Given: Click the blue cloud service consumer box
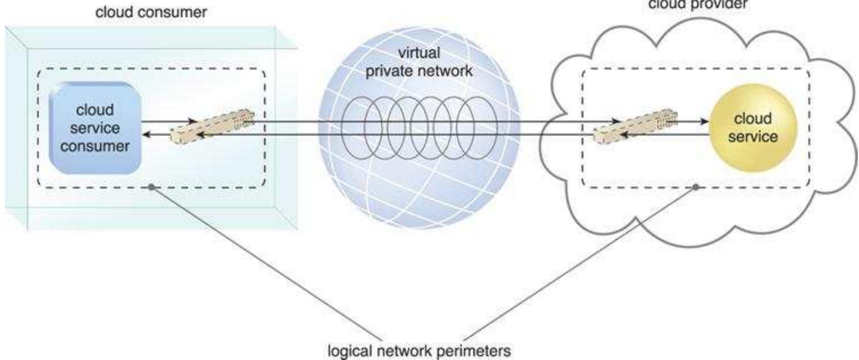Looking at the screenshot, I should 95,128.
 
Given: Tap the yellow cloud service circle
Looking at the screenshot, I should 753,128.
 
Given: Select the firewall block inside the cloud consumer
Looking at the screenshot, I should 212,126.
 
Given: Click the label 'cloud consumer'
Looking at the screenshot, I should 151,12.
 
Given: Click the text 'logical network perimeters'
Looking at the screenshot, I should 419,351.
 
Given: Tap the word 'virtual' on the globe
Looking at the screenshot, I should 419,52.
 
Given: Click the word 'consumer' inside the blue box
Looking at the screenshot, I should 95,146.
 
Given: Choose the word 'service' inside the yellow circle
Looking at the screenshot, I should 753,137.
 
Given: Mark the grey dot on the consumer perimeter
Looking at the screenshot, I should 151,187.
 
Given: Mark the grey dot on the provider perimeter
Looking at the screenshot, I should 695,187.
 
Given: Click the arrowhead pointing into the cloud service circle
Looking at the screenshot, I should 704,121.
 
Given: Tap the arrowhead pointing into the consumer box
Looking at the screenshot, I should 146,134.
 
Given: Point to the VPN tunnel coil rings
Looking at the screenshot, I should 419,128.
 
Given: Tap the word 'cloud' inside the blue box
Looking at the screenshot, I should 95,110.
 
